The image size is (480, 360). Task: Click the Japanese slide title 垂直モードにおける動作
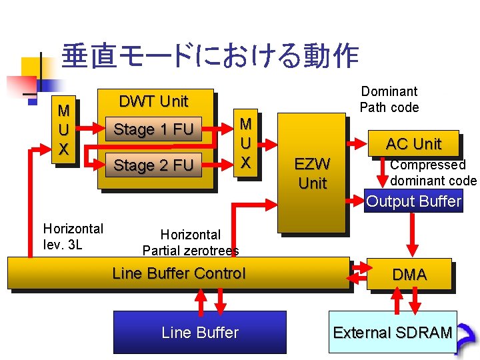pyautogui.click(x=209, y=57)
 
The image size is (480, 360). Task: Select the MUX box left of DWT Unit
pyautogui.click(x=64, y=129)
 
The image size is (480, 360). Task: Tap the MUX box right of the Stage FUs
pyautogui.click(x=245, y=143)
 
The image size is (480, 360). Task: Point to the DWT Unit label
pyautogui.click(x=153, y=101)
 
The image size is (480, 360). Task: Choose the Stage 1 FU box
pyautogui.click(x=153, y=129)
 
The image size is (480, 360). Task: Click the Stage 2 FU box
pyautogui.click(x=153, y=165)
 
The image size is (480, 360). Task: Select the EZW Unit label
pyautogui.click(x=312, y=173)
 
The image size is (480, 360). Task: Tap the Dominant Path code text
pyautogui.click(x=389, y=99)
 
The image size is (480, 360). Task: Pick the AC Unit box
pyautogui.click(x=413, y=143)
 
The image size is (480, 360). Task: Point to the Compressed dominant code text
pyautogui.click(x=433, y=173)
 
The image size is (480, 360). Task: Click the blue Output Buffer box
pyautogui.click(x=413, y=201)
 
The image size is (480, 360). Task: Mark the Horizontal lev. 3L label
pyautogui.click(x=73, y=237)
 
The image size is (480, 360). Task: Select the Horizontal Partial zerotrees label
pyautogui.click(x=191, y=243)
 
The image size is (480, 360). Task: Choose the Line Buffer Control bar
pyautogui.click(x=178, y=273)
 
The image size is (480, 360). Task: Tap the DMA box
pyautogui.click(x=409, y=274)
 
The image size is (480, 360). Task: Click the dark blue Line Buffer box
pyautogui.click(x=199, y=332)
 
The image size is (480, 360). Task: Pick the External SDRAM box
pyautogui.click(x=393, y=332)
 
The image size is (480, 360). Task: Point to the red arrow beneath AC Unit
pyautogui.click(x=383, y=175)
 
